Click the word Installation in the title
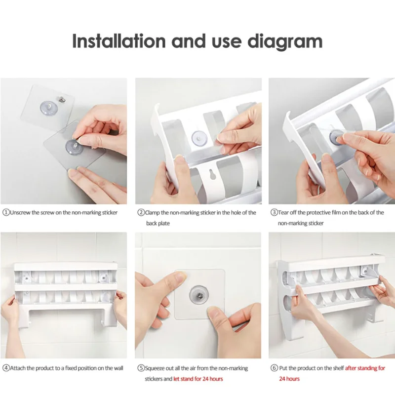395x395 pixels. (118, 41)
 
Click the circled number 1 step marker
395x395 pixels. (6, 213)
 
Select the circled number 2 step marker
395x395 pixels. (141, 213)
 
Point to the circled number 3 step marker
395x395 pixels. (274, 213)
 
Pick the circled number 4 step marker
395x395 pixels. (6, 368)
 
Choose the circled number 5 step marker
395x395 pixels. (141, 368)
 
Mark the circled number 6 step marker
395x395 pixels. (275, 368)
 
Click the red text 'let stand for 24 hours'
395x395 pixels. (198, 379)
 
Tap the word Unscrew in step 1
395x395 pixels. (20, 213)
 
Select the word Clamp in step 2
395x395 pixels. (152, 213)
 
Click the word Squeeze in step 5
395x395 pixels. (155, 368)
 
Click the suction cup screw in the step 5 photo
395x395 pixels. (199, 295)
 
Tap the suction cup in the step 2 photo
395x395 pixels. (199, 139)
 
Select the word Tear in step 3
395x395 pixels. (283, 213)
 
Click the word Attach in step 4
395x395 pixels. (18, 368)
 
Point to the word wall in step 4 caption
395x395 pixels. (118, 368)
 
